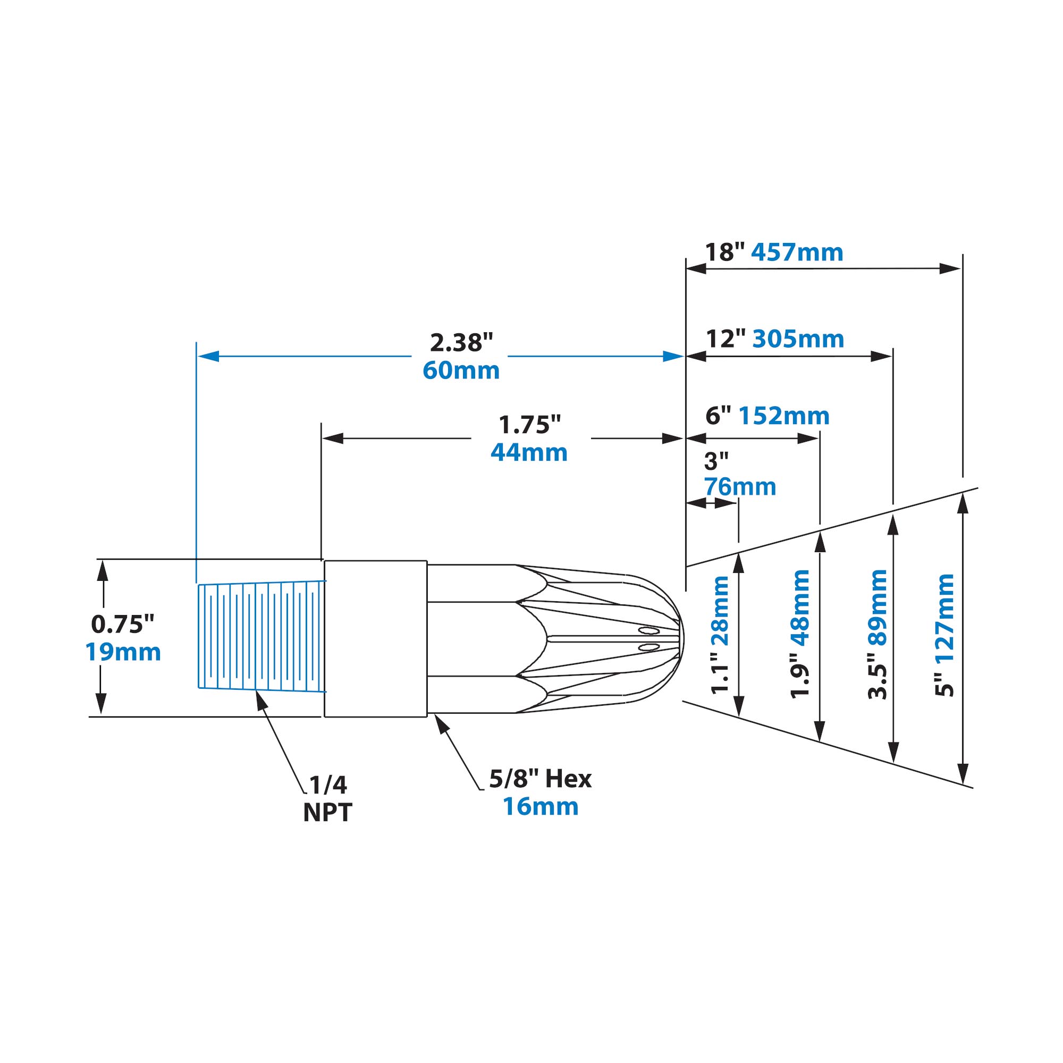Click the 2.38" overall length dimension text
(x=461, y=343)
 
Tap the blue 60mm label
(x=461, y=370)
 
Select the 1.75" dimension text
(x=529, y=425)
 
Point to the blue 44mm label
(x=529, y=452)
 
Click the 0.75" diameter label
(x=123, y=624)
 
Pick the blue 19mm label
(x=123, y=652)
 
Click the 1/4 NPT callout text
(x=328, y=798)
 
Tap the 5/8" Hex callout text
(x=541, y=779)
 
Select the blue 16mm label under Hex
(x=541, y=807)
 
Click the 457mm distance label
(x=797, y=252)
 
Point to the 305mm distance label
(x=798, y=339)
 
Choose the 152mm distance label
(x=783, y=416)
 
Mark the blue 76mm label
(x=740, y=487)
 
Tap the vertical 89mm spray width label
(x=877, y=607)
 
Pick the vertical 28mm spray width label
(x=720, y=611)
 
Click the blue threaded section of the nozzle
(x=261, y=636)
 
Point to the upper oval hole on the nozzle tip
(x=648, y=630)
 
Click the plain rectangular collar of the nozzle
(x=376, y=638)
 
